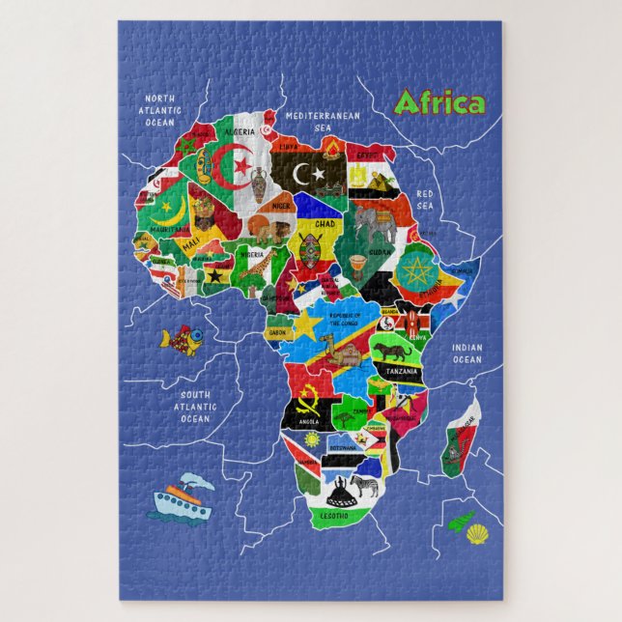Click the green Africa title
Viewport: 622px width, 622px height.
[x=439, y=101]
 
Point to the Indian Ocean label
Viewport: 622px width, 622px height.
[x=467, y=353]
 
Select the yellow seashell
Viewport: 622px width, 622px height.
[x=476, y=532]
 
